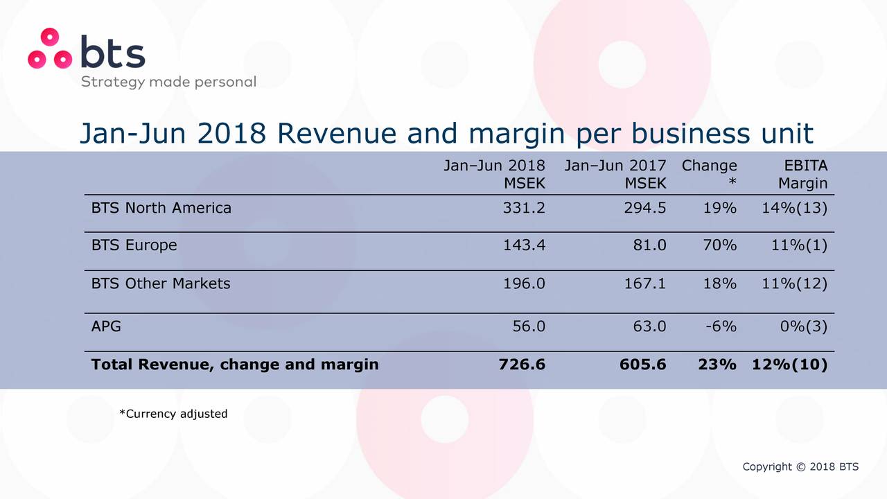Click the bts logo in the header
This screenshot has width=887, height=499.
87,50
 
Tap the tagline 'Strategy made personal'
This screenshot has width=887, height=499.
168,82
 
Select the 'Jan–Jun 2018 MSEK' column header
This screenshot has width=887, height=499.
494,175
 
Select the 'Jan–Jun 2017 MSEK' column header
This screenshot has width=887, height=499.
615,175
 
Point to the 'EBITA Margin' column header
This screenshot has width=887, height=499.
802,175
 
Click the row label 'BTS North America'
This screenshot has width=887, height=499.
161,208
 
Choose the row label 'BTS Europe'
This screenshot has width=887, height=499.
134,245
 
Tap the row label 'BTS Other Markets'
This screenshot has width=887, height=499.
161,283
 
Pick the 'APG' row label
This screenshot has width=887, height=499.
106,326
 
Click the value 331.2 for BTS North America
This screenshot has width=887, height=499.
524,208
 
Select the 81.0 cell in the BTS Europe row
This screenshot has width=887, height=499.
649,245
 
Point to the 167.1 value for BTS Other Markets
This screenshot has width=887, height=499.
645,283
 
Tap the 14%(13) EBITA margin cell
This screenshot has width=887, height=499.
798,208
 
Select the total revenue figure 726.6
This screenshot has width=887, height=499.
522,365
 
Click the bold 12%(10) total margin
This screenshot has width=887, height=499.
789,365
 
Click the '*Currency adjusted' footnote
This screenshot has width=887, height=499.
173,414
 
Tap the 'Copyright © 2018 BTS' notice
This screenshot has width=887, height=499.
800,466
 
